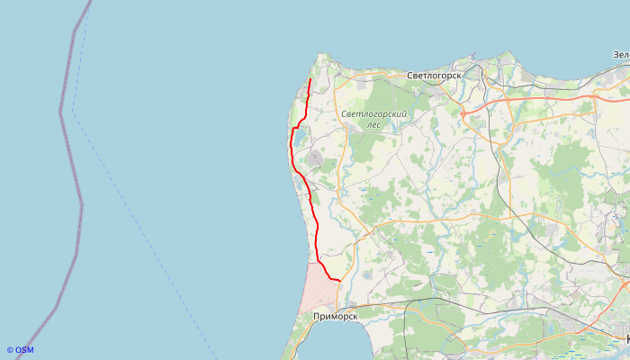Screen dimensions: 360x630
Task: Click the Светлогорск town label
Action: (x=434, y=76)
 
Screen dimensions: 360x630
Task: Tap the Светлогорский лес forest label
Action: (x=374, y=120)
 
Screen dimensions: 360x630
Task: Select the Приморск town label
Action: (x=336, y=317)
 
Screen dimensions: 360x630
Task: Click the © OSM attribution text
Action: (x=20, y=350)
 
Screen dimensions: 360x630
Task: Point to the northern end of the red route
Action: (x=310, y=80)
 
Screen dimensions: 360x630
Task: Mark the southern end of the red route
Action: (x=339, y=281)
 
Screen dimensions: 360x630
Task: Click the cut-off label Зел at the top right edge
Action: (x=621, y=56)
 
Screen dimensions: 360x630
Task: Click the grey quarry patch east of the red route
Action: (x=314, y=160)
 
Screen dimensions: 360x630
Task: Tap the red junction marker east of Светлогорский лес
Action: (x=462, y=113)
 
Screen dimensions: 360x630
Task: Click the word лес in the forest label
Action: (x=373, y=125)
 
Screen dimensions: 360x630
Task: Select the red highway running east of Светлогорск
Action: (x=531, y=100)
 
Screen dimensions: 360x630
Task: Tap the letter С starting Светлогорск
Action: (x=409, y=76)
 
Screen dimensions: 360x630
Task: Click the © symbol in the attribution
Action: (x=10, y=350)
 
